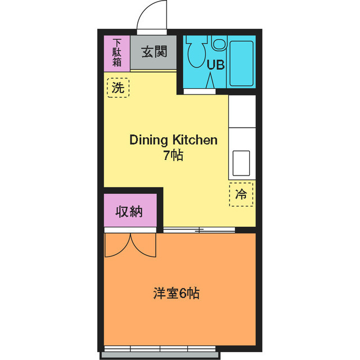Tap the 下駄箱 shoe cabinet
click(x=117, y=53)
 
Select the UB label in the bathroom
click(x=215, y=65)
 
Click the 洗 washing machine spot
click(x=117, y=88)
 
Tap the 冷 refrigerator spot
click(x=241, y=195)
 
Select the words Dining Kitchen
click(x=173, y=140)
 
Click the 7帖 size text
click(x=173, y=156)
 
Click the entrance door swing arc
click(x=153, y=16)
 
